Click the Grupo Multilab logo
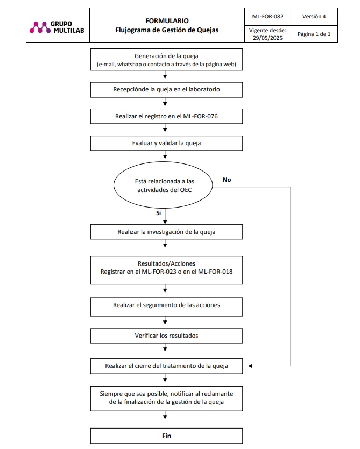point(57,27)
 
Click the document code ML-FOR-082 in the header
point(267,16)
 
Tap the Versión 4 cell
point(314,16)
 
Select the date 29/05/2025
point(267,38)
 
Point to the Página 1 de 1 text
point(314,34)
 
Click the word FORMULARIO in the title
point(167,21)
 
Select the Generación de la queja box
point(166,60)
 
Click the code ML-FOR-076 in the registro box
point(200,116)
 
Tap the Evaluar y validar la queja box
point(166,143)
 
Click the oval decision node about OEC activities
point(163,186)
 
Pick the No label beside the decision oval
point(227,180)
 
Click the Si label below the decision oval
point(159,213)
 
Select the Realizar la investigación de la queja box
point(166,232)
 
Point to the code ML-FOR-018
point(215,272)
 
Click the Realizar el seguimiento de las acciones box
point(166,307)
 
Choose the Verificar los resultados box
point(166,336)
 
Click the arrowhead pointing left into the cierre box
point(250,366)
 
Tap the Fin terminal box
point(166,436)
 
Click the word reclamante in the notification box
point(218,394)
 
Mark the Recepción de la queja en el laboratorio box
point(166,90)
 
